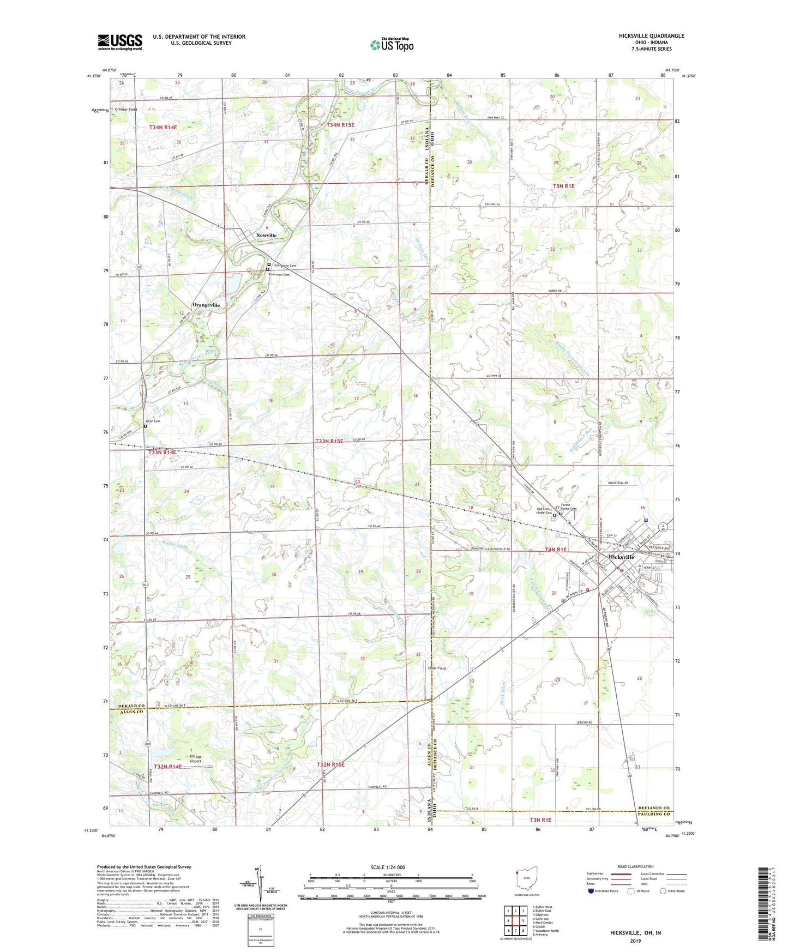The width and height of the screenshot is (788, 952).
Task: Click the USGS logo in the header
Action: coord(120,42)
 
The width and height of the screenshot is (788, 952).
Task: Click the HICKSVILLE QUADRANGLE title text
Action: coord(651,36)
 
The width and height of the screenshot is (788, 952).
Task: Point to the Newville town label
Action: coord(267,236)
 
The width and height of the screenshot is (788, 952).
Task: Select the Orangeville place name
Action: coord(206,305)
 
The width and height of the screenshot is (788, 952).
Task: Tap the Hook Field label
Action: coord(437,668)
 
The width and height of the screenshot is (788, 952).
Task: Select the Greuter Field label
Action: coord(125,110)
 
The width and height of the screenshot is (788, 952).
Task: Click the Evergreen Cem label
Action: coord(285,266)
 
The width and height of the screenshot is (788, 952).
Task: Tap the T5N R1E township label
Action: coord(563,186)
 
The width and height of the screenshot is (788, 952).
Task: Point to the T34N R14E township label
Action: coord(163,127)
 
